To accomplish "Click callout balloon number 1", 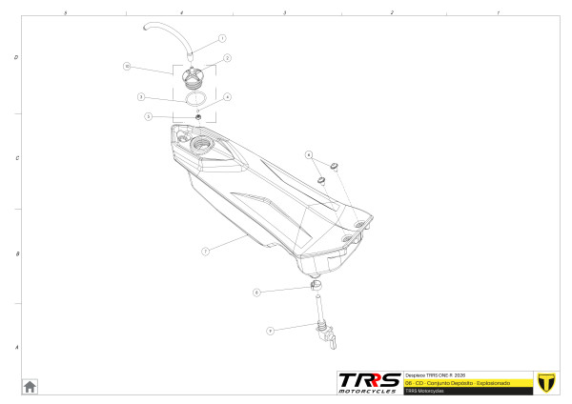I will pyautogui.click(x=222, y=39).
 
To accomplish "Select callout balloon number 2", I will pyautogui.click(x=228, y=58).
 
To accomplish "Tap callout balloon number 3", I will pyautogui.click(x=140, y=97).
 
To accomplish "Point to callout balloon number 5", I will pyautogui.click(x=149, y=116).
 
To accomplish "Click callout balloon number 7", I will pyautogui.click(x=205, y=252).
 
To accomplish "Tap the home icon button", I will pyautogui.click(x=30, y=386).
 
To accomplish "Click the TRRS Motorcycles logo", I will pyautogui.click(x=370, y=382).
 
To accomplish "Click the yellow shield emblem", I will pyautogui.click(x=546, y=381).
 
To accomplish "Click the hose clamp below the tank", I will pyautogui.click(x=316, y=286).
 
